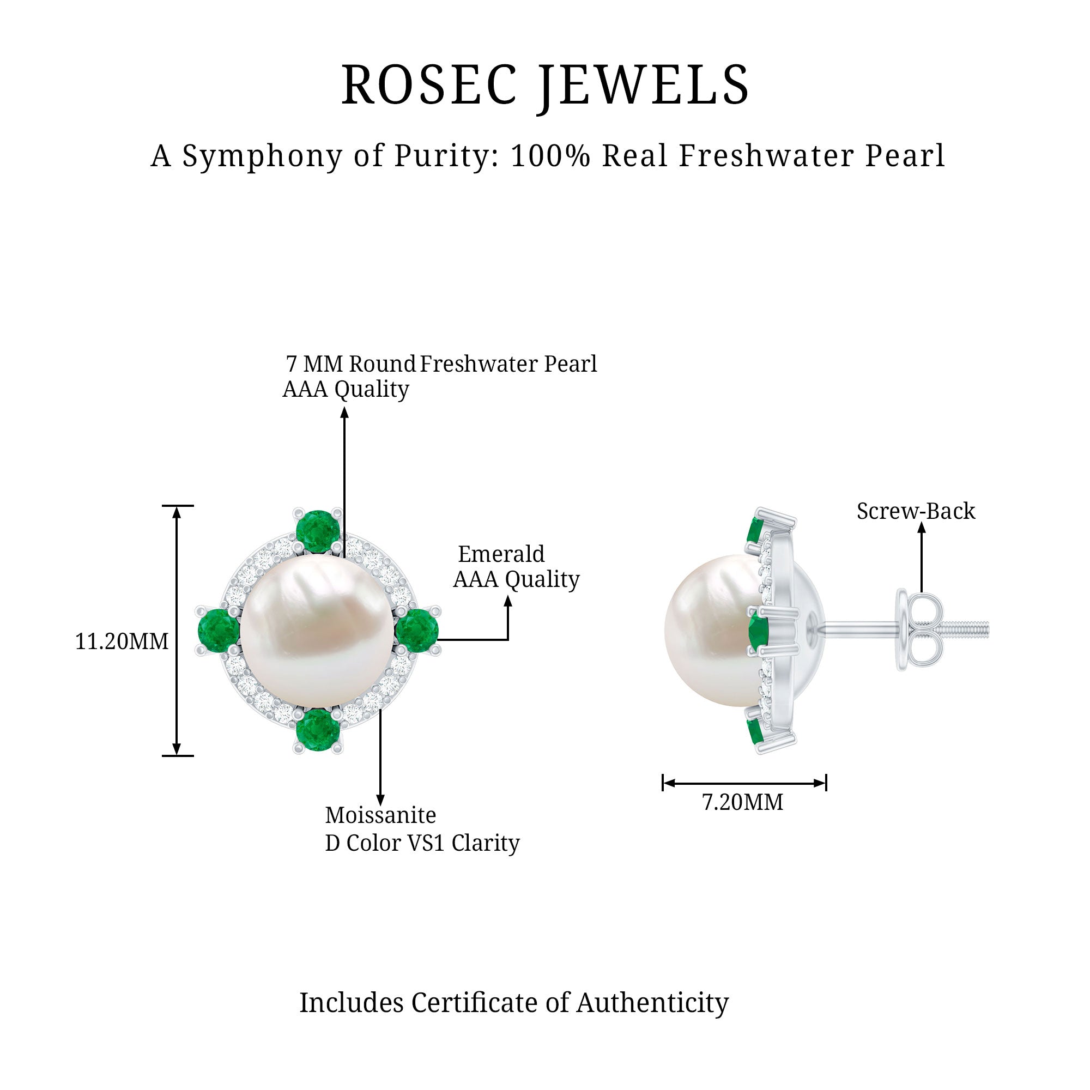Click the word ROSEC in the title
(x=429, y=85)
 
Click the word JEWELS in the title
(x=644, y=86)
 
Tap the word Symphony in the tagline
(x=262, y=156)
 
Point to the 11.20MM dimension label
(x=122, y=641)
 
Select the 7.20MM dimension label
(x=742, y=802)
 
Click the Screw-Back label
(x=916, y=511)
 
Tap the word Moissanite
(x=380, y=815)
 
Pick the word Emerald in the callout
(x=501, y=554)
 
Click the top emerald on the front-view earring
(x=318, y=531)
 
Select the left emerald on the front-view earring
(x=219, y=630)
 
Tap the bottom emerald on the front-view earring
(x=318, y=730)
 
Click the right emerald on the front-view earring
(x=417, y=630)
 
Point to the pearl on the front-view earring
(x=317, y=631)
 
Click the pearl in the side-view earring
(x=711, y=631)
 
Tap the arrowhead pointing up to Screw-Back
(x=921, y=528)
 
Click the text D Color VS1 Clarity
(x=422, y=843)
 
